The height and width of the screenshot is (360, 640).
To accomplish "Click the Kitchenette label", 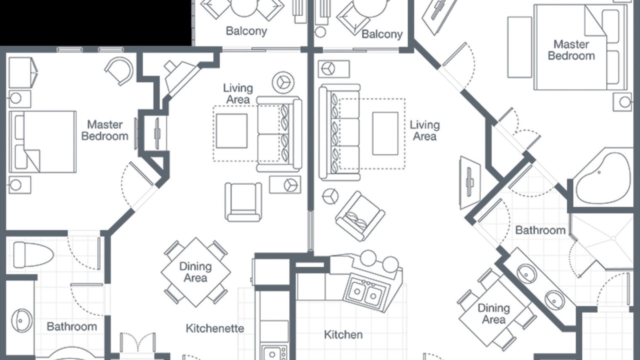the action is [215, 328].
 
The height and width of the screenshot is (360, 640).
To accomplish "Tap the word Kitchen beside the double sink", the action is [343, 334].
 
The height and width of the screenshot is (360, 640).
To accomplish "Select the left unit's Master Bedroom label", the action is [105, 130].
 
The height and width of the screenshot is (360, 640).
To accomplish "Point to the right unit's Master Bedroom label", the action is [571, 50].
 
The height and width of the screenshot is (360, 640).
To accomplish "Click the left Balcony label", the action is [246, 31].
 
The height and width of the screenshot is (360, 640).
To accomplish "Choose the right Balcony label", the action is [382, 34].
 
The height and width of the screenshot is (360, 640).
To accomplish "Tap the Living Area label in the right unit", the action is [425, 130].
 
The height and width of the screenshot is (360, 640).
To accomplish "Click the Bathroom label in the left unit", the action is [71, 326].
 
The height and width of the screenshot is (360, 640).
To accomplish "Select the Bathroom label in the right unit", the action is [540, 230].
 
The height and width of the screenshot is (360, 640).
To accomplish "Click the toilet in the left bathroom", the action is [33, 255].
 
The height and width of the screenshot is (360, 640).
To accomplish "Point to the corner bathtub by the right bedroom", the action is [603, 178].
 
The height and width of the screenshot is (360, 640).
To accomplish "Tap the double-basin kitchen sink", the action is [366, 292].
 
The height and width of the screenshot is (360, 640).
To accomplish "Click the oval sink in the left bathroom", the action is [21, 320].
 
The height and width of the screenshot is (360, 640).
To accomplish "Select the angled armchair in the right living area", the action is [360, 216].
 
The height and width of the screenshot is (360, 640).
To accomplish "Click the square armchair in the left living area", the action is [243, 202].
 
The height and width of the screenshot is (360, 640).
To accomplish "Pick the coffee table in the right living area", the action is [385, 133].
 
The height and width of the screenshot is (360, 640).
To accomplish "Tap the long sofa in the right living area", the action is [339, 132].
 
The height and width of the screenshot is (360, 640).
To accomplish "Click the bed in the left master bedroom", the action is [42, 142].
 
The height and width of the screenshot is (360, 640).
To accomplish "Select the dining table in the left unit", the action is [196, 272].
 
